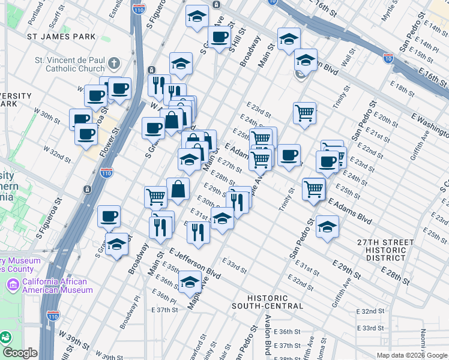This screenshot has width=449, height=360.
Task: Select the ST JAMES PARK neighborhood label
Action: [61, 37]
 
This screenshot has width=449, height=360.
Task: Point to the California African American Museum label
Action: [55, 286]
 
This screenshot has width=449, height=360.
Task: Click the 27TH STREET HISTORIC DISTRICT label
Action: [385, 250]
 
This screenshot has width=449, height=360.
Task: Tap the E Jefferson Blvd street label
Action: [194, 263]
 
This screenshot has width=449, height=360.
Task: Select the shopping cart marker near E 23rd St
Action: [305, 112]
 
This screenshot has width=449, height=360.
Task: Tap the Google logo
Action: [20, 353]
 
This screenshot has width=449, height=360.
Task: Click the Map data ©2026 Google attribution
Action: [411, 355]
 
